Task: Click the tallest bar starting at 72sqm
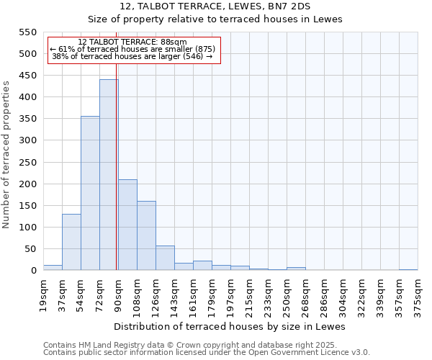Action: [x=109, y=175]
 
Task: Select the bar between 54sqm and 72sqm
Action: [x=90, y=193]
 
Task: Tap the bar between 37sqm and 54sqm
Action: [x=71, y=242]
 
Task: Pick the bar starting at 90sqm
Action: [x=127, y=225]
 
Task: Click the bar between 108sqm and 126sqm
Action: [x=146, y=235]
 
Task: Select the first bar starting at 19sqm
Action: [x=53, y=267]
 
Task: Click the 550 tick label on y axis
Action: [x=27, y=32]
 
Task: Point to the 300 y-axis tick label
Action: [x=27, y=140]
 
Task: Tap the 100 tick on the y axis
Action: [x=27, y=228]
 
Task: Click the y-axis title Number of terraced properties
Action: [x=7, y=155]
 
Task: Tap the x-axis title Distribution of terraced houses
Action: [x=230, y=326]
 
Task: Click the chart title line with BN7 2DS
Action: [x=215, y=6]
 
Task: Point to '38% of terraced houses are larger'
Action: [x=132, y=56]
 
